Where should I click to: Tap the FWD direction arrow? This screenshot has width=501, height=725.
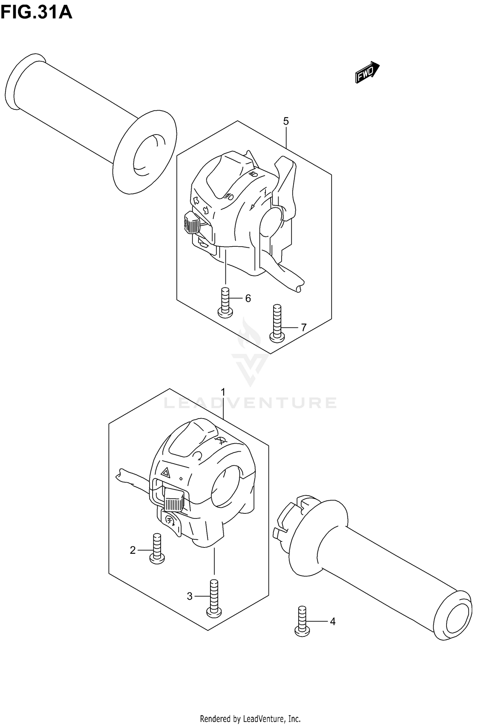coord(367,72)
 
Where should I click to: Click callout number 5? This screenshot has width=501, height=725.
coord(286,122)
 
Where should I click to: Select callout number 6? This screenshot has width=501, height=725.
coord(248,298)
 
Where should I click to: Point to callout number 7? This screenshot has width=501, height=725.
coord(304,328)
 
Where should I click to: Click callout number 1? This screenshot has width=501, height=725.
coord(223,391)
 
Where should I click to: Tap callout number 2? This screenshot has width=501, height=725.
coord(133,550)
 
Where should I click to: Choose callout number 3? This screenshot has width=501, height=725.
coord(190,596)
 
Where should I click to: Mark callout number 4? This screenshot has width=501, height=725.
coord(333,622)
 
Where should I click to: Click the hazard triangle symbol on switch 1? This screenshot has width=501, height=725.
coord(165,472)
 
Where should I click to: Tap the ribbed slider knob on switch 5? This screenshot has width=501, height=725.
coord(192,223)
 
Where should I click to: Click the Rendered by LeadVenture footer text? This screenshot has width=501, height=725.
coord(250,716)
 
